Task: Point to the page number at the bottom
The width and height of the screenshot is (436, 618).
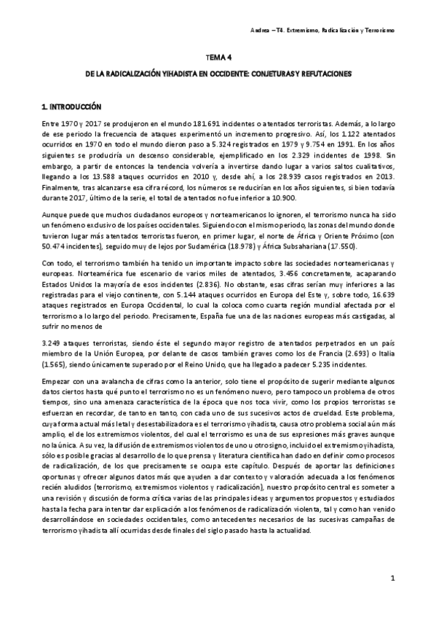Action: pyautogui.click(x=392, y=579)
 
